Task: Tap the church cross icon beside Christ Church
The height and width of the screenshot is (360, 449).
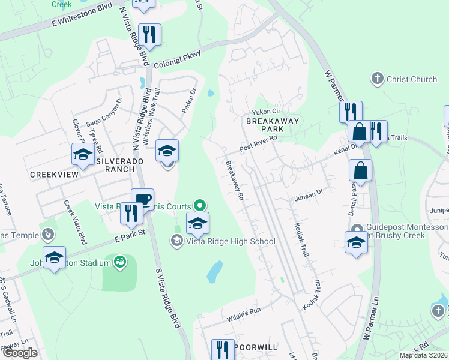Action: coord(377,79)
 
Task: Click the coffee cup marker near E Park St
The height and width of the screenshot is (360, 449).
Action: coord(143,200)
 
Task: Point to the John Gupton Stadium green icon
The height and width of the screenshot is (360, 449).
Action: coord(120,262)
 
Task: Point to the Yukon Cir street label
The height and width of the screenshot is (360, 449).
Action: coord(267,111)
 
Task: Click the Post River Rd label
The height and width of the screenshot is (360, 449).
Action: coord(258,143)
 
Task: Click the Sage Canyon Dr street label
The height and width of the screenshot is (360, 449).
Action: coord(104,112)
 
